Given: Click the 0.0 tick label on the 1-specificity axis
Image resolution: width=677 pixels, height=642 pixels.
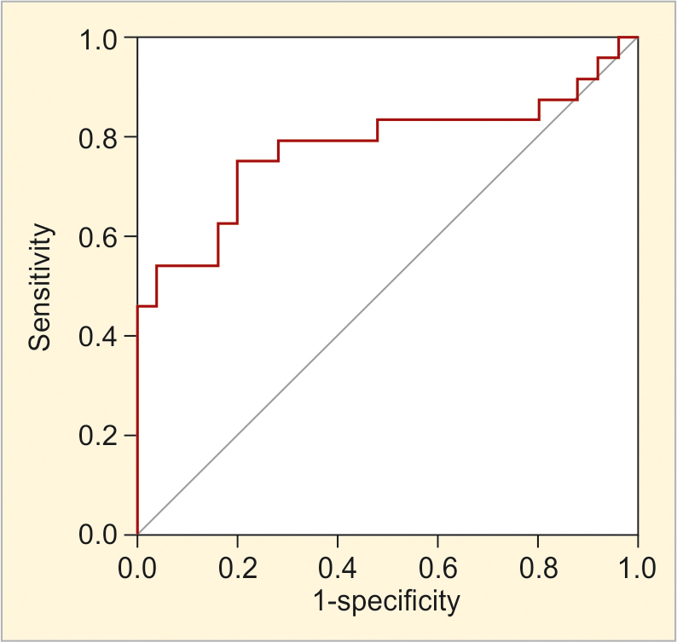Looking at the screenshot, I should click(x=137, y=566).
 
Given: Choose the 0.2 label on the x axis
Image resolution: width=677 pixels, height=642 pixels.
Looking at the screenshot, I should click(x=238, y=566).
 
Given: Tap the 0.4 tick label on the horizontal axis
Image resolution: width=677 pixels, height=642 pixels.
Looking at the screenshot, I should click(x=338, y=566).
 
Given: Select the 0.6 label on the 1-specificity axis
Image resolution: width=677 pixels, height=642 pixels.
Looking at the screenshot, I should click(x=437, y=566).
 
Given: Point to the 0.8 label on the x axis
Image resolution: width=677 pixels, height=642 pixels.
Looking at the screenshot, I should click(x=538, y=566).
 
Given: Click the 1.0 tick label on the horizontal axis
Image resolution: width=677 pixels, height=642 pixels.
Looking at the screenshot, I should click(x=638, y=566).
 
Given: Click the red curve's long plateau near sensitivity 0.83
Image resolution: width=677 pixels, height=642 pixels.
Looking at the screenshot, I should click(x=458, y=119).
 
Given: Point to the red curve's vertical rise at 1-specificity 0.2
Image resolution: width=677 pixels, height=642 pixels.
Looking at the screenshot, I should click(x=237, y=192).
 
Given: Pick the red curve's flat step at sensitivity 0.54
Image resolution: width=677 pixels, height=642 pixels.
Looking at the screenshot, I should click(x=188, y=266).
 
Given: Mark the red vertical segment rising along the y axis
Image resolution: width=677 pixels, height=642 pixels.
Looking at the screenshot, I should click(x=137, y=426).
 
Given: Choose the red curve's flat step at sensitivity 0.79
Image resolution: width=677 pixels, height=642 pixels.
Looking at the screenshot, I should click(x=328, y=140).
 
